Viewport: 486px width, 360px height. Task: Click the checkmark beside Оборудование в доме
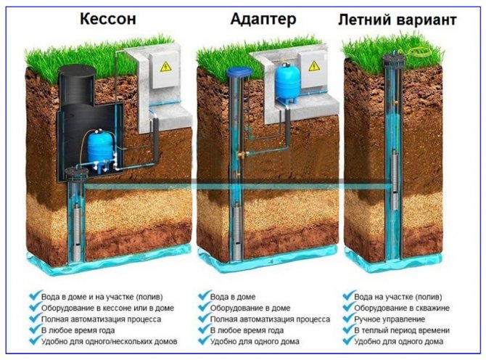[202, 307]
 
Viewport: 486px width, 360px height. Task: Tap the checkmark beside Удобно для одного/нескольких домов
[34, 340]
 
